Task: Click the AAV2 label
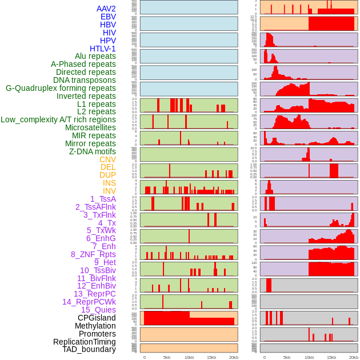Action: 106,9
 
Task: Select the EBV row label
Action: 108,17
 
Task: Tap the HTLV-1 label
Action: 103,49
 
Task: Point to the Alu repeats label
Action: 95,56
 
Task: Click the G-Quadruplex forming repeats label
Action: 61,88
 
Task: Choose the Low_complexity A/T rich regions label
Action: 58,119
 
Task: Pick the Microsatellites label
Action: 90,127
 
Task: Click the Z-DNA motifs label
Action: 93,151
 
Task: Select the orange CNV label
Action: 107,159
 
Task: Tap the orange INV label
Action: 109,191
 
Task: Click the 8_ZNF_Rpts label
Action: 93,254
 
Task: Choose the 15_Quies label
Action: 98,310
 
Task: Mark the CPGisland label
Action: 97,318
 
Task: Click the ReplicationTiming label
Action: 85,342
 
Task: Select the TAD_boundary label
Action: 89,349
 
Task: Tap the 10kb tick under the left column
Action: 189,357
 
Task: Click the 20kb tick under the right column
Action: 354,357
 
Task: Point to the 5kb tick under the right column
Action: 287,357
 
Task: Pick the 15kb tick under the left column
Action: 211,357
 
